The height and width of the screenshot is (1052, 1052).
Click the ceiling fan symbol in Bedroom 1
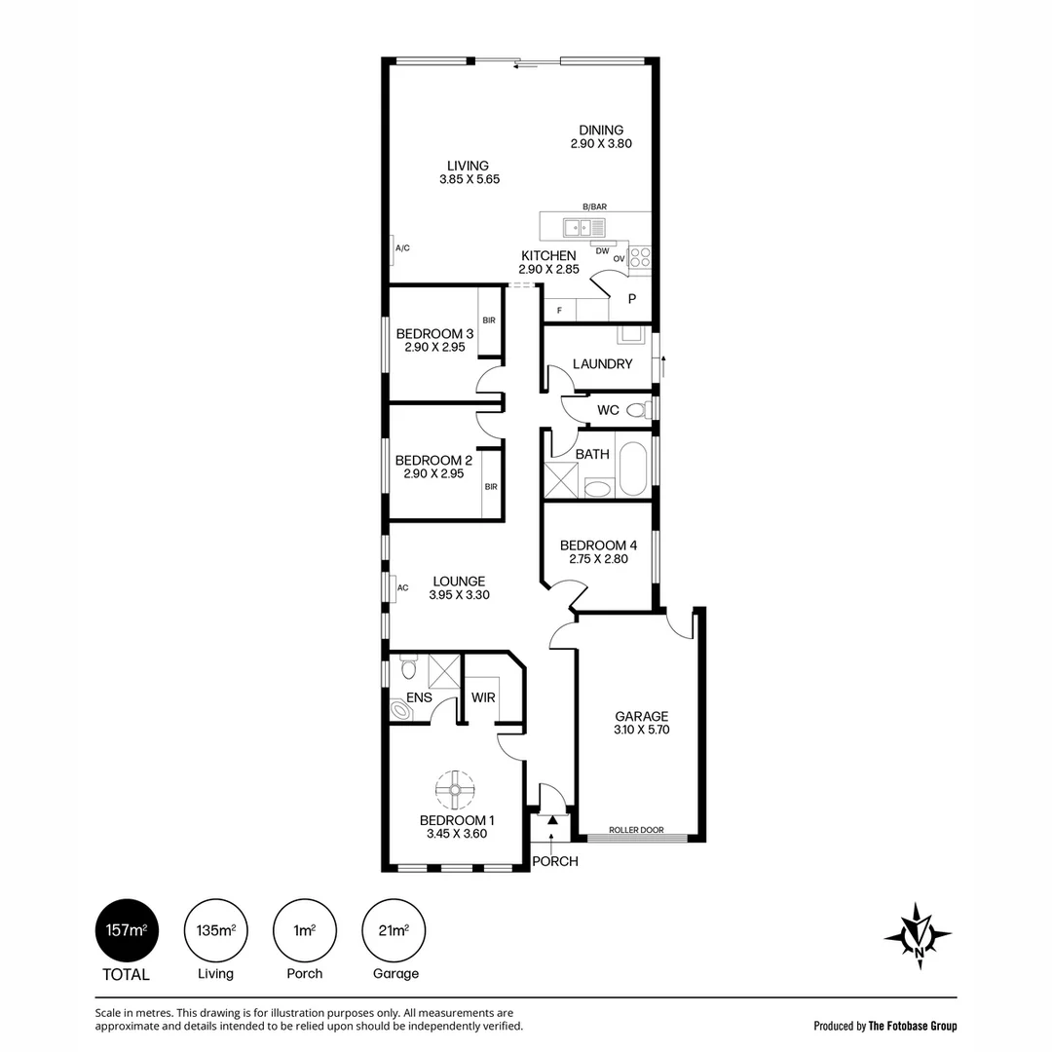455,789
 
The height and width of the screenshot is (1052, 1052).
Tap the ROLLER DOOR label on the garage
636,830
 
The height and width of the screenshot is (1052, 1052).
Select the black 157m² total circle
127,930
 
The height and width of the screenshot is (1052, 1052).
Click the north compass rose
918,935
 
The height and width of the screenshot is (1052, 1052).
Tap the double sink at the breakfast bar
583,228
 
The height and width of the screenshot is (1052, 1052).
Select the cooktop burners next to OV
640,257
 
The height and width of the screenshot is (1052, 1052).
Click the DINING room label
601,131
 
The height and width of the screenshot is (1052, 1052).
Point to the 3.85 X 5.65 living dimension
470,179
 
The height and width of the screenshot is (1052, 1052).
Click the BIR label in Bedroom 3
489,320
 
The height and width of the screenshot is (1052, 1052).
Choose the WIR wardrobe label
483,697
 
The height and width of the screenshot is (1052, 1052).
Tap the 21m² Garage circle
394,930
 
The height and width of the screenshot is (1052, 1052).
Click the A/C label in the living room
402,248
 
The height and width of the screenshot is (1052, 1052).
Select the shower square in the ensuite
444,671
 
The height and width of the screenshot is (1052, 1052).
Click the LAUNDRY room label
603,363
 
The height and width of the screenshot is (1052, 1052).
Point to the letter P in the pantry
632,299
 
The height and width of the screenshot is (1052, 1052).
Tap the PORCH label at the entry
555,861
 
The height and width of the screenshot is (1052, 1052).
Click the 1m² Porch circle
305,930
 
